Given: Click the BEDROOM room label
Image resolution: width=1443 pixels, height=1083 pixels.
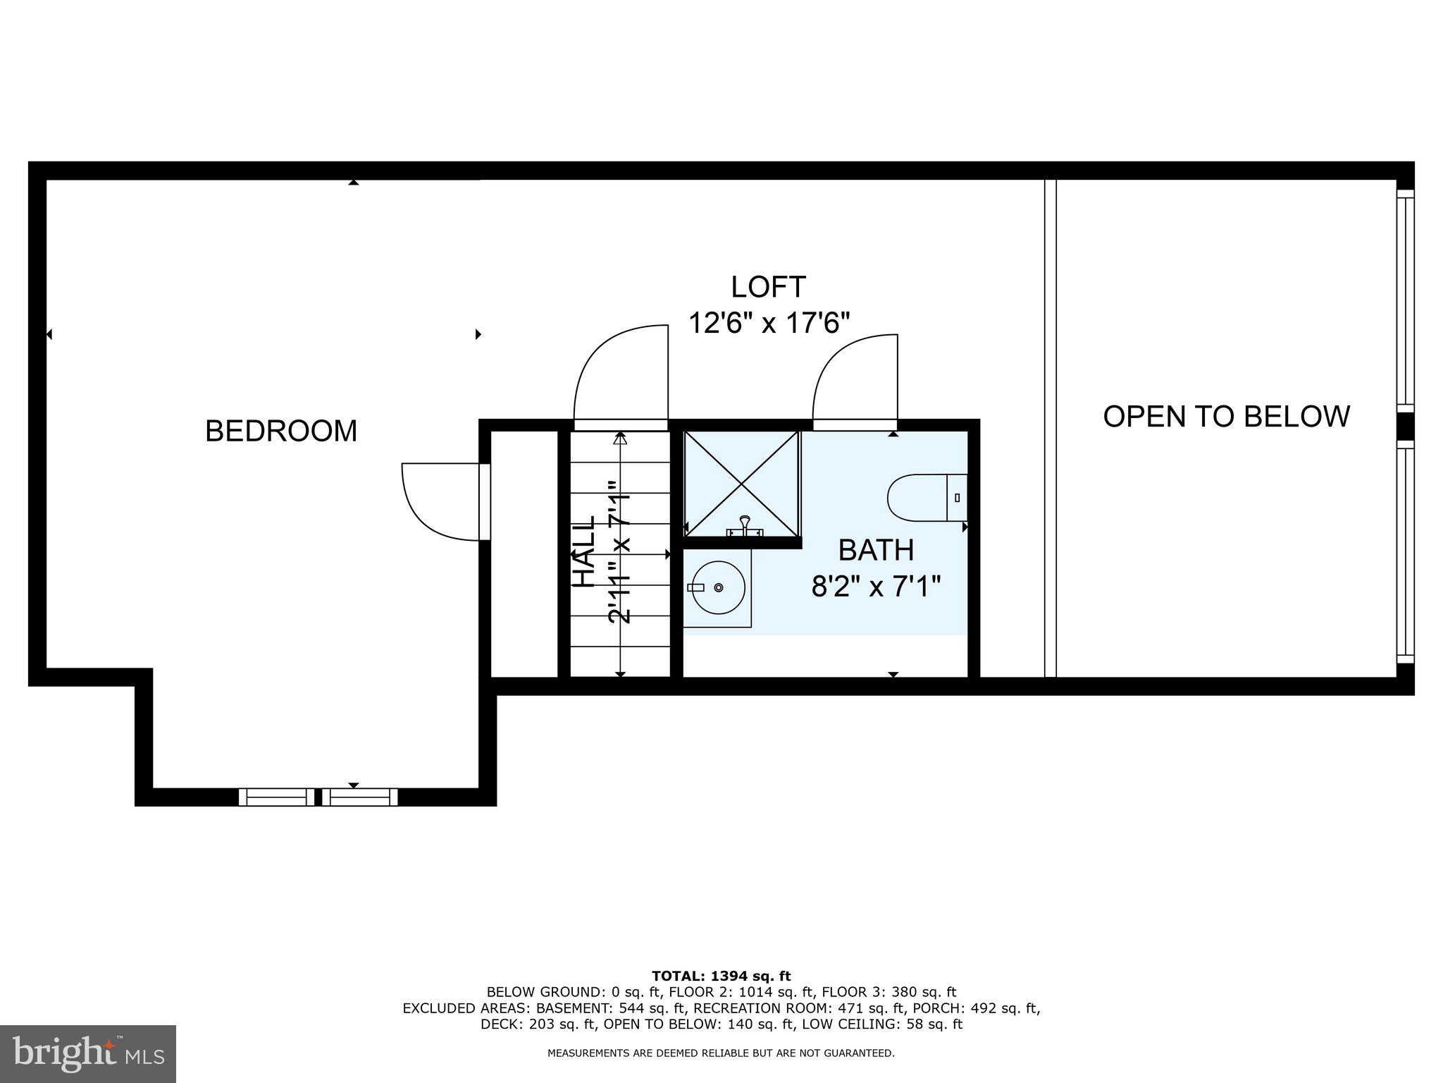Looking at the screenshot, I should (281, 431).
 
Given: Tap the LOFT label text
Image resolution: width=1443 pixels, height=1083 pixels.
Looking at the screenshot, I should (768, 287).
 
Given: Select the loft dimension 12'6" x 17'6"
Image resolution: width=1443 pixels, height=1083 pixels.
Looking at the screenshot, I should (769, 324).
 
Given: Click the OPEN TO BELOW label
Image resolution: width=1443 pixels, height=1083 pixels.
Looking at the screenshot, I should (1226, 416).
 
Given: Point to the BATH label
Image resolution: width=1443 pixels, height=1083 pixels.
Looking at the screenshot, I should (876, 550).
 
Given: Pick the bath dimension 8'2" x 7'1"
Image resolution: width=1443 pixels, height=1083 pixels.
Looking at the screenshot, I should (876, 586).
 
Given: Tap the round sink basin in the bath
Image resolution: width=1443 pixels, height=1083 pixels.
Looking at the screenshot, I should (718, 587).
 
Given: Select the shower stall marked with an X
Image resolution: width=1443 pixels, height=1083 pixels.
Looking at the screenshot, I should (742, 484).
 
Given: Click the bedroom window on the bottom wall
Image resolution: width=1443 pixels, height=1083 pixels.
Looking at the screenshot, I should (318, 797).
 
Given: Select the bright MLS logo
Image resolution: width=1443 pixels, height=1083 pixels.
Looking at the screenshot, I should (88, 1053).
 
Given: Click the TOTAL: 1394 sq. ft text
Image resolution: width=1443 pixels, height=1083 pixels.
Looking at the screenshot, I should (721, 976).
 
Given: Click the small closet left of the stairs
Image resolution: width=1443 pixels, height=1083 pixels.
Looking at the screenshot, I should (524, 553).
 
